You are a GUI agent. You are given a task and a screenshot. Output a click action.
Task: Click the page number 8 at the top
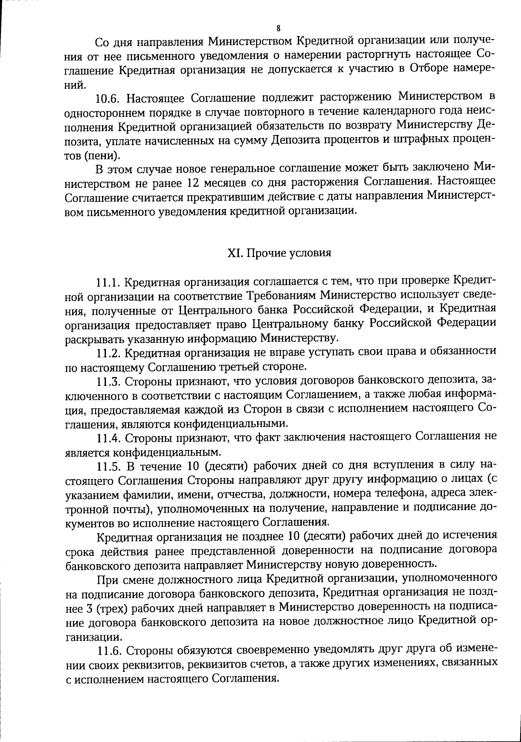pos(278,29)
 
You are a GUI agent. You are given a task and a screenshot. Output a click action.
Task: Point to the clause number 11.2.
pos(109,354)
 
